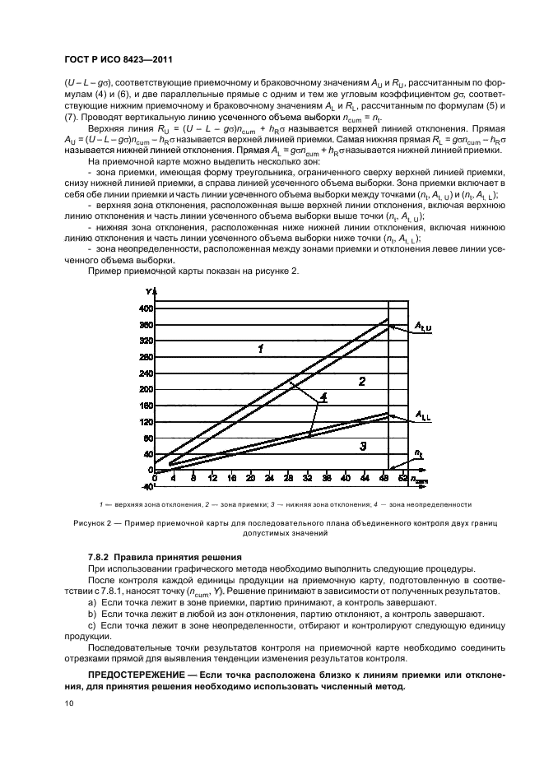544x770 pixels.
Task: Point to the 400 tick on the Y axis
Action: point(145,308)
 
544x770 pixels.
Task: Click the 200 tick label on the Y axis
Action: point(145,389)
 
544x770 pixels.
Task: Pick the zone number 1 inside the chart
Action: point(260,349)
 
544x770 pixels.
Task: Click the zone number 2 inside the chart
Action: point(360,380)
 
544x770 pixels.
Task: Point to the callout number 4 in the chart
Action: point(323,397)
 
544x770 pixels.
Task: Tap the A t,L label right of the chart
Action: point(422,415)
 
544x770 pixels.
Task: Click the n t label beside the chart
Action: point(418,454)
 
